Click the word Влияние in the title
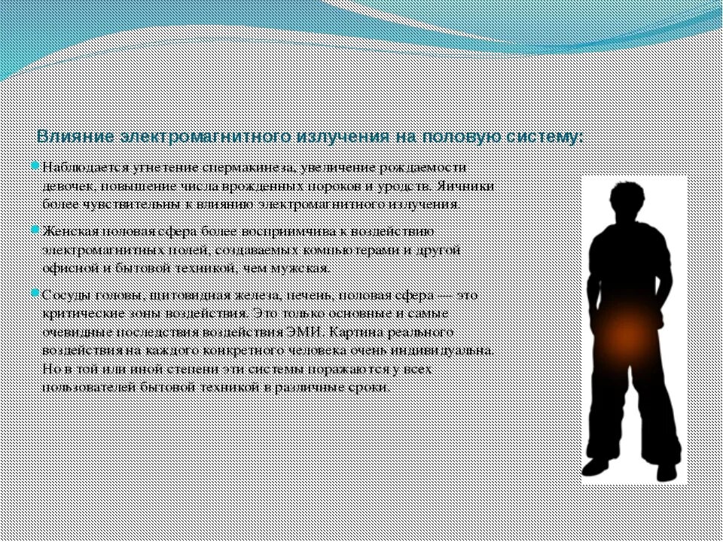[74, 137]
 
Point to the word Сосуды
[64, 295]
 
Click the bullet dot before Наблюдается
[35, 165]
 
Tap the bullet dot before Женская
[35, 229]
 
